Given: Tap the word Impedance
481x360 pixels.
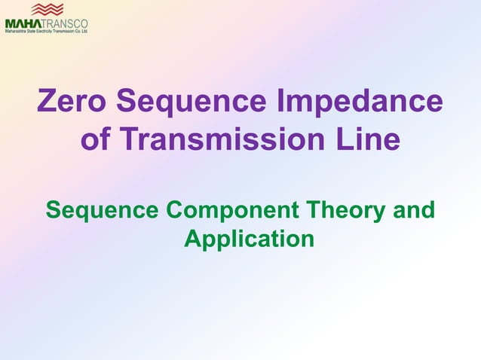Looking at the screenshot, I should coord(369,102).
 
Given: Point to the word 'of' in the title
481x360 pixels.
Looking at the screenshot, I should coord(95,139).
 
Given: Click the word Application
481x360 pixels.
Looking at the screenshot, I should coord(249,239).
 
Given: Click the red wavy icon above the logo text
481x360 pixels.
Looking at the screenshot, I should coord(47,10).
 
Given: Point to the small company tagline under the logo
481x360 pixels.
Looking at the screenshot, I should coord(46,32).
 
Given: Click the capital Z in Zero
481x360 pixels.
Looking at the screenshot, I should coord(47,102).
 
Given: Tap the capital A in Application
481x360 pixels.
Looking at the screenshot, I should coord(193,239).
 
